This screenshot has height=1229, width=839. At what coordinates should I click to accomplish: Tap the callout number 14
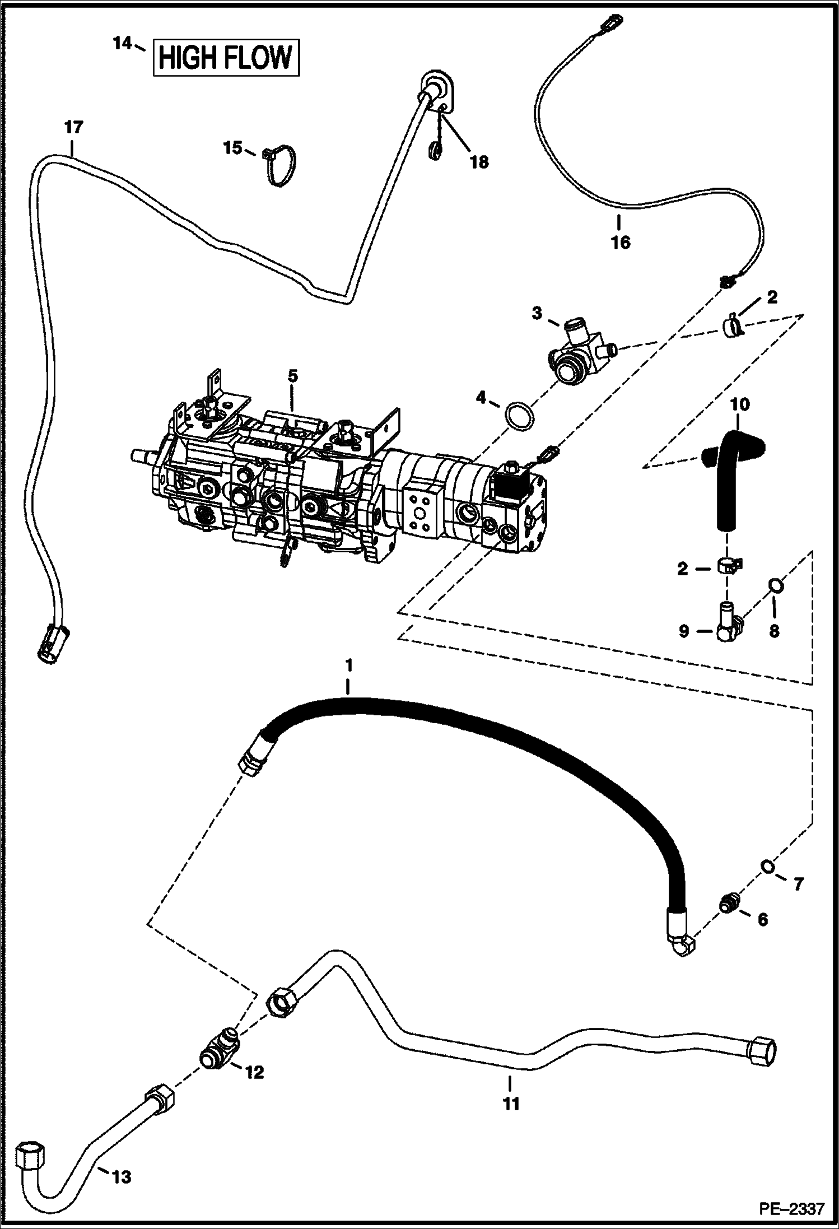(123, 43)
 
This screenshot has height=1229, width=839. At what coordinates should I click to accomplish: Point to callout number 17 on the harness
(73, 127)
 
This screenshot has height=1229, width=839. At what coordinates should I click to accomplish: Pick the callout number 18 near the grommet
(479, 162)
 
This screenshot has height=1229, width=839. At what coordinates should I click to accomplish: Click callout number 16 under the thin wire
(621, 243)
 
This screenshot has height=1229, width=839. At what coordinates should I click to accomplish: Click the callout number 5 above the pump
(292, 376)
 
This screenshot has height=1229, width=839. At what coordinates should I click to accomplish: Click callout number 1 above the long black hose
(348, 665)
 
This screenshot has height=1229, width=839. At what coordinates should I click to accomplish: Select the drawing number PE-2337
(792, 1208)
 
